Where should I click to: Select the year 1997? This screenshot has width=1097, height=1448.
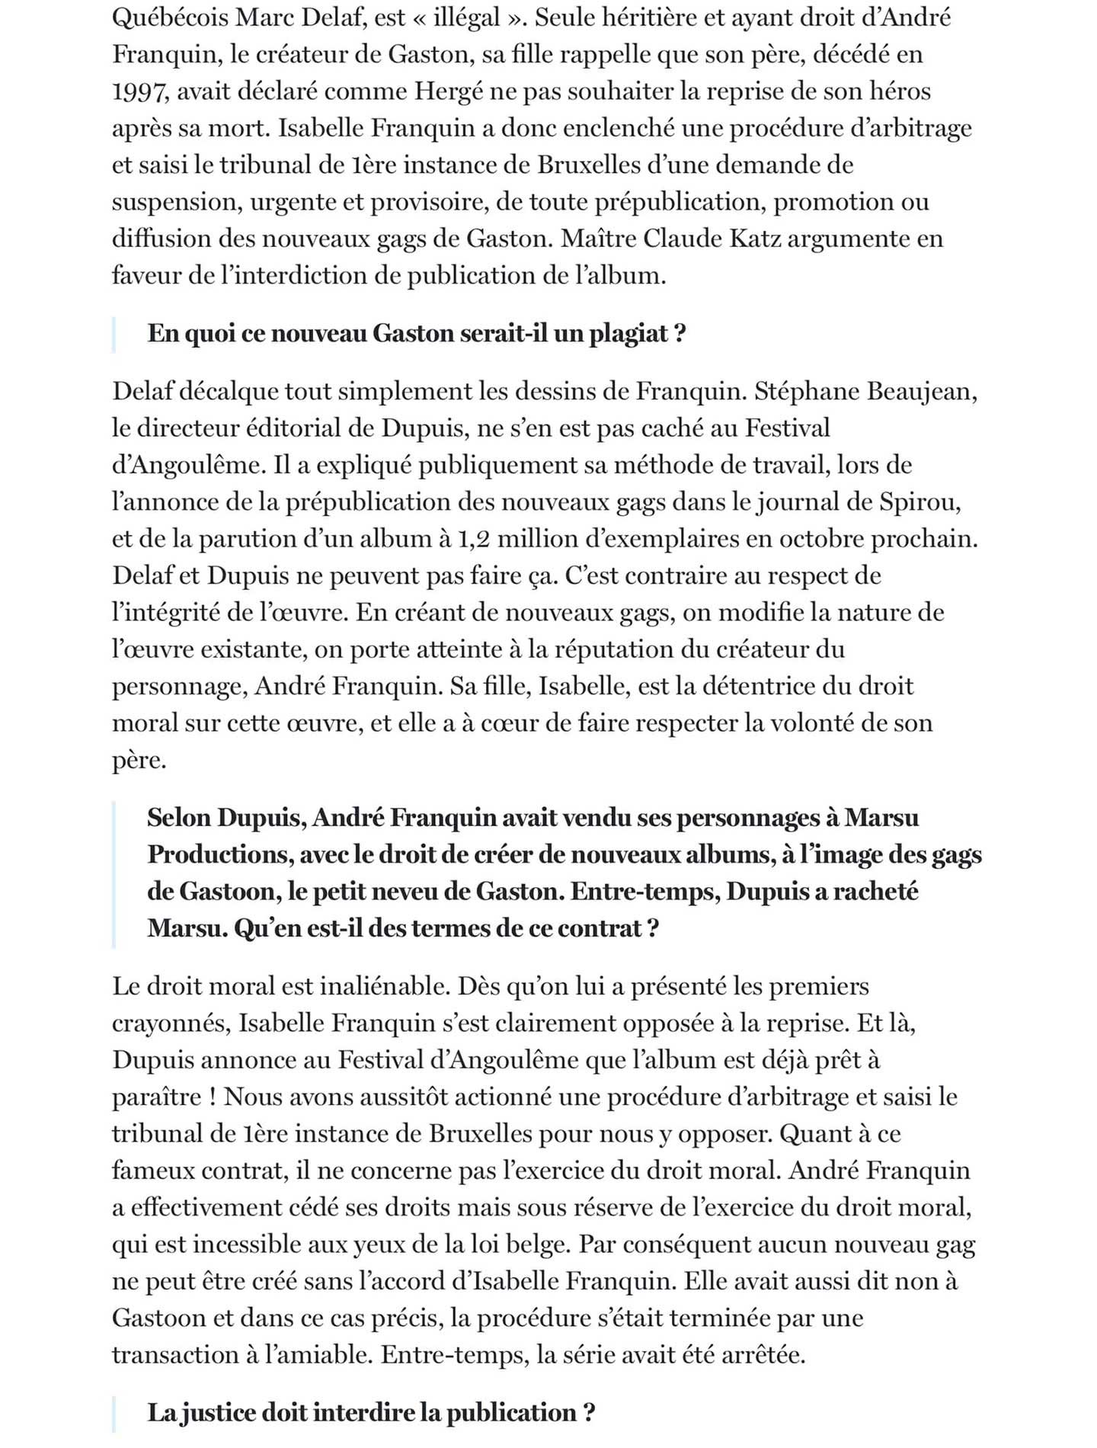[138, 91]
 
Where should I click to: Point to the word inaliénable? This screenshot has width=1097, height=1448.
[384, 986]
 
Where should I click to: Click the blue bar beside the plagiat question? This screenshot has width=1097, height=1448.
[114, 335]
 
